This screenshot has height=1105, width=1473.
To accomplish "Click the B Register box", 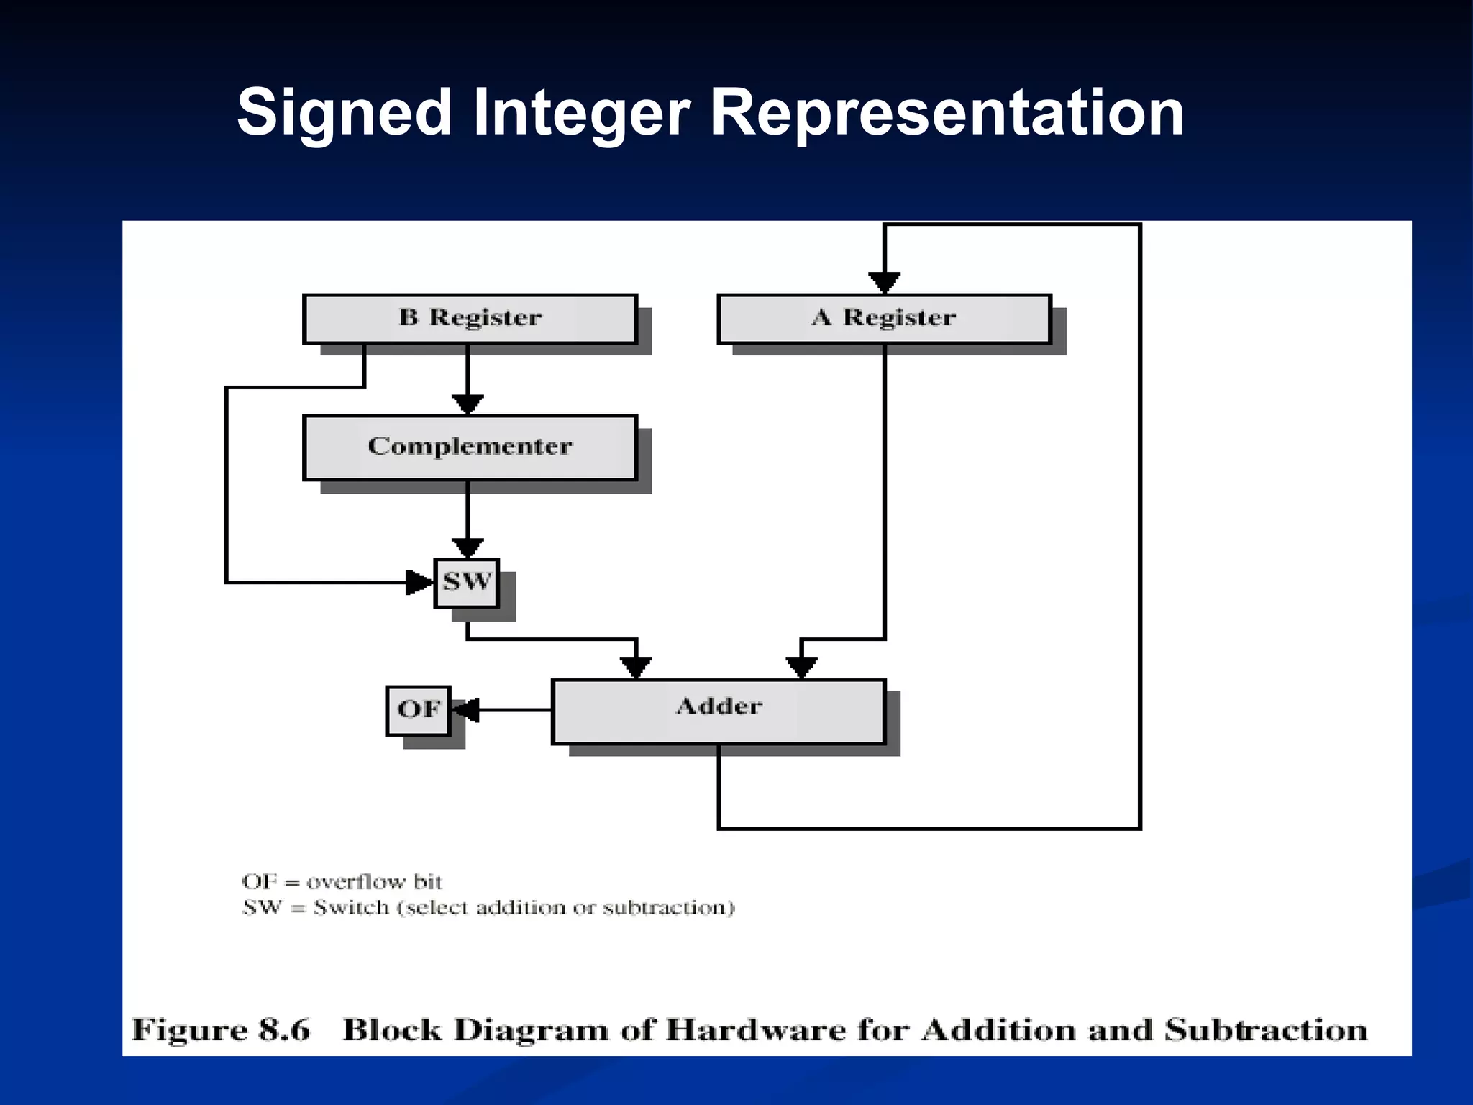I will pos(470,319).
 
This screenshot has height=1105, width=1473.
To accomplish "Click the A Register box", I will pos(884,319).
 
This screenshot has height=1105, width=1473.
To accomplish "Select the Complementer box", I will pos(470,447).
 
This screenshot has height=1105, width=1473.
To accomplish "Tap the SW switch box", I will pos(467,583).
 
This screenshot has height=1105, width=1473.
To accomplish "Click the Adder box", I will pos(719,711).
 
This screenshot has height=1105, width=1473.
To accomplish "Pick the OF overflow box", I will pos(418,710).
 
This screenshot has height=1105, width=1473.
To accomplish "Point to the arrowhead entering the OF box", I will pos(465,710).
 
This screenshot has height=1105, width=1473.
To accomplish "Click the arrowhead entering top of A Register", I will pos(884,282).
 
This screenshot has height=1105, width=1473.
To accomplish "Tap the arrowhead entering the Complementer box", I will pos(468,404).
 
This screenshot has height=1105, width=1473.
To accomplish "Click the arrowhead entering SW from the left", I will pos(419,582).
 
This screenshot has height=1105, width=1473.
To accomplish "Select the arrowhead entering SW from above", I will pos(468,547).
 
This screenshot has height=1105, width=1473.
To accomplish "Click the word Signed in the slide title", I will pos(344,113).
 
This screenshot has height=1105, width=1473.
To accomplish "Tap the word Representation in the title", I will pos(947,113).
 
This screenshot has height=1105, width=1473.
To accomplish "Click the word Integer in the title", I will pos(581,113).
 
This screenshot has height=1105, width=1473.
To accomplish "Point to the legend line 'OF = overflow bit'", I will pos(342,881).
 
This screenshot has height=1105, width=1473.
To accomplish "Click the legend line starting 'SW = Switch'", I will pos(488,907).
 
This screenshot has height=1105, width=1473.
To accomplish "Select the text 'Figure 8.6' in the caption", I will pos(221,1029).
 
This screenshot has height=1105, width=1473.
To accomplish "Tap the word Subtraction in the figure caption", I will pos(1266,1029).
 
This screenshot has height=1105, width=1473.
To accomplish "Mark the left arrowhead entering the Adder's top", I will pos(636,667).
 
